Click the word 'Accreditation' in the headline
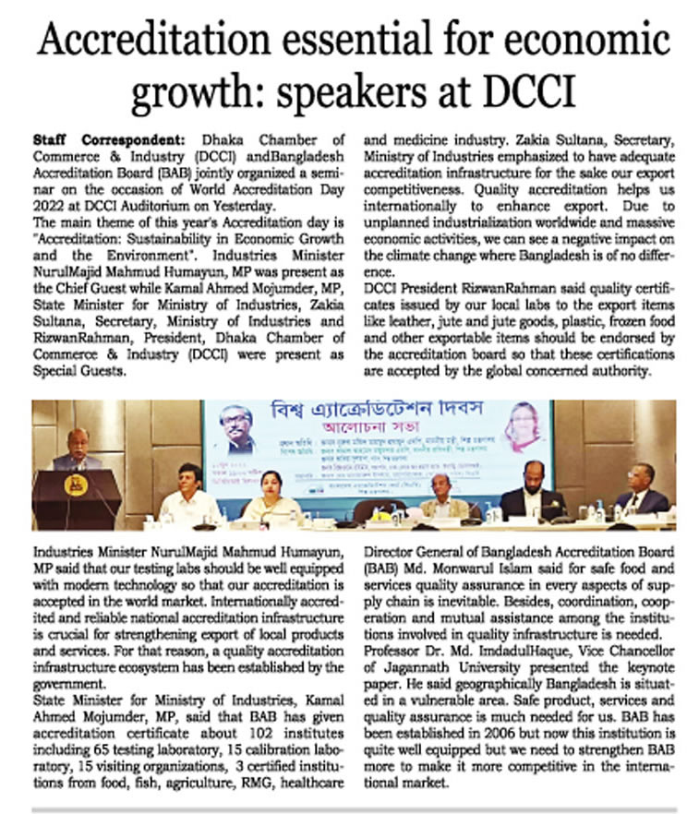coord(156,42)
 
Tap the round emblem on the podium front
coord(76,485)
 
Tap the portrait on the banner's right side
coord(521,427)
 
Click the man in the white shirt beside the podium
coord(189,496)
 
